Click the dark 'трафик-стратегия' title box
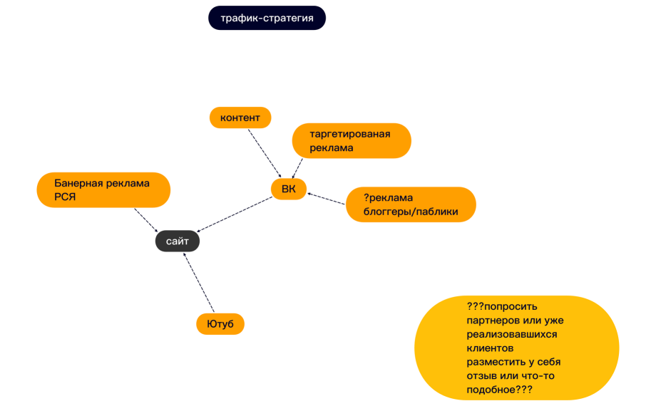267,18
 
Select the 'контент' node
240,118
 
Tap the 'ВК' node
288,189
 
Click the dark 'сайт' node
178,241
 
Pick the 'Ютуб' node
220,324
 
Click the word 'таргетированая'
350,134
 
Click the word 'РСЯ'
65,197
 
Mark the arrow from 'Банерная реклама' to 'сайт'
147,219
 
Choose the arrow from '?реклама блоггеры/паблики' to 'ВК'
327,199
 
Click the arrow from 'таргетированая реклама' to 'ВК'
298,167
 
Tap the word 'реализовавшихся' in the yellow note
512,334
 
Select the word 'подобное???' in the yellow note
499,391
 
